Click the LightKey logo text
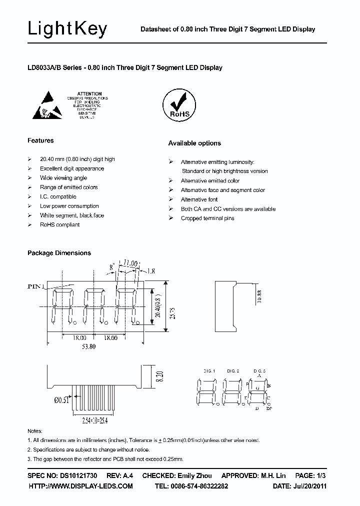point(67,29)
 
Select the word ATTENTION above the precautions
point(90,93)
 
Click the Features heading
point(40,140)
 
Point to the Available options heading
point(194,143)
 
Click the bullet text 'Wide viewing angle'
point(63,178)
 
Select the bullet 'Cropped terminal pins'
point(207,218)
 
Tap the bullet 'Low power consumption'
point(69,206)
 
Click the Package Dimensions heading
point(59,253)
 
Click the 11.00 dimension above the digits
point(130,262)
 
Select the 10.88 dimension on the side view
point(258,297)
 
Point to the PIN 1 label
point(36,286)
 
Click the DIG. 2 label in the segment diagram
point(233,371)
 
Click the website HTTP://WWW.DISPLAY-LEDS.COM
point(80,486)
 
